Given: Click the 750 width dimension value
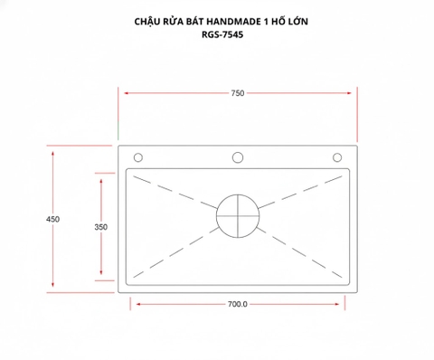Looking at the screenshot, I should pos(237,93).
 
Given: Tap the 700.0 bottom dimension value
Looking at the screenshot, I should pos(237,304).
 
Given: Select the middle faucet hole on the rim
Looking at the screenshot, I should pos(238,157).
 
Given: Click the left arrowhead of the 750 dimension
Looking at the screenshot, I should pos(126,93).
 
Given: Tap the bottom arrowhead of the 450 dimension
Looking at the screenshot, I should pos(53,289).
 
